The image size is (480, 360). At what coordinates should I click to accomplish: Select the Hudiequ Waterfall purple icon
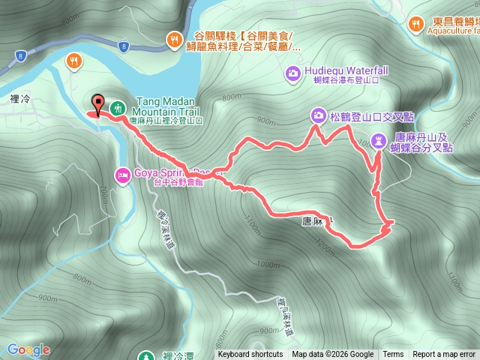click(x=292, y=72)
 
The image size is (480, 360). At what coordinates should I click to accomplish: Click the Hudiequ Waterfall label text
click(x=346, y=70)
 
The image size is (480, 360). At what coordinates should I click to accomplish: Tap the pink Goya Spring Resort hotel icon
click(x=121, y=175)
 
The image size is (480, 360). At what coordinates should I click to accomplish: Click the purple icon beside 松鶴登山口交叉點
click(x=318, y=115)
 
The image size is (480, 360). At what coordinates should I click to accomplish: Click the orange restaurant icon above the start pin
click(x=74, y=60)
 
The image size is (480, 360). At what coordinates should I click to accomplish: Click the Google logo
click(x=28, y=349)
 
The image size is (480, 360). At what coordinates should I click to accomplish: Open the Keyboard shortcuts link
click(x=250, y=355)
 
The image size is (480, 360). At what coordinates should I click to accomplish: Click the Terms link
click(x=393, y=355)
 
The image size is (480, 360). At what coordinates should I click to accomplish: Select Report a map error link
click(x=445, y=355)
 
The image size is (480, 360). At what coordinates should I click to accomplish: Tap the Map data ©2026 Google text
click(x=333, y=355)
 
